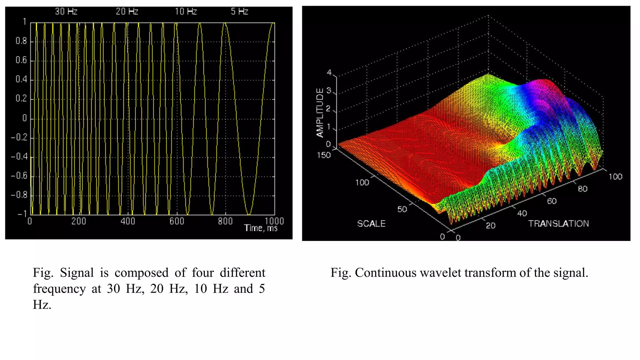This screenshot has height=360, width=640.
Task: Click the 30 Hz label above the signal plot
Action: [66, 12]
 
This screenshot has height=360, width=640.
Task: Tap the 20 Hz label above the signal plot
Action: [127, 12]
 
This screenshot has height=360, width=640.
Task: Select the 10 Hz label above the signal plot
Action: [186, 12]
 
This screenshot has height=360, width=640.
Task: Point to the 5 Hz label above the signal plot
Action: [239, 12]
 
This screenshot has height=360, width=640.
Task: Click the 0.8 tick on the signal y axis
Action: [21, 41]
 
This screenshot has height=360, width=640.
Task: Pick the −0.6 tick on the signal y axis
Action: [19, 176]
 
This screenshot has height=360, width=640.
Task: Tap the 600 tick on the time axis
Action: [177, 221]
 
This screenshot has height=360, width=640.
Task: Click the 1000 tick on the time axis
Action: [274, 221]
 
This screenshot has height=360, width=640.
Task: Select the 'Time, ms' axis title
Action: [261, 228]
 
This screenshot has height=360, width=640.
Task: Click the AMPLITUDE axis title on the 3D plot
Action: [320, 112]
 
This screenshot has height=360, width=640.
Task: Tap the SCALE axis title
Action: [371, 223]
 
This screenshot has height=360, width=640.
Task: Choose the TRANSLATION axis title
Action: [558, 223]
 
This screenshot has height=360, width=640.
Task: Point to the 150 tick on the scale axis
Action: [324, 155]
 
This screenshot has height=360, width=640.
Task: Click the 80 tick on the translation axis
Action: [582, 189]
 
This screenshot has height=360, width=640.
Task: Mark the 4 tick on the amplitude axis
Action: [329, 72]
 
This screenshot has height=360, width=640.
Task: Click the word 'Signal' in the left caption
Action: [77, 273]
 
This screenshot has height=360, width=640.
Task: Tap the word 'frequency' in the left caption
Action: [59, 289]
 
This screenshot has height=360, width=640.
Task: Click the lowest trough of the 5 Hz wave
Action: [249, 214]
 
